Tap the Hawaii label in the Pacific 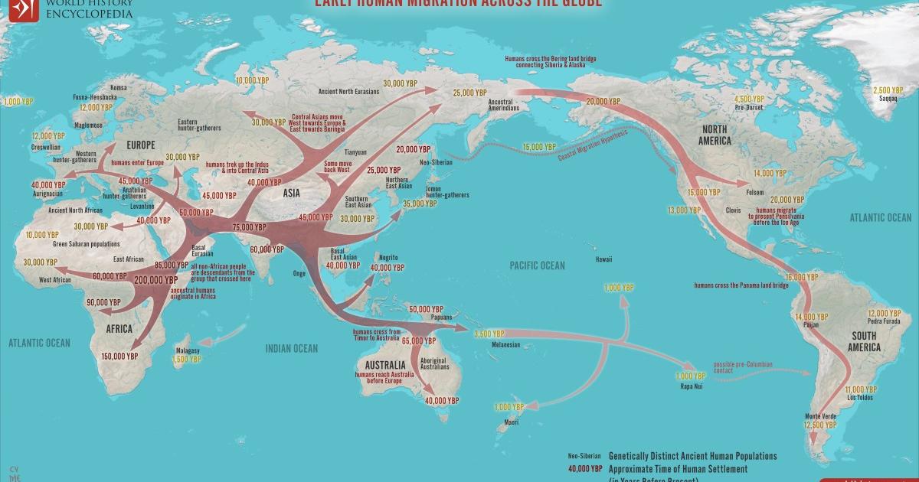(603, 260)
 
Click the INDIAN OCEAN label (291, 349)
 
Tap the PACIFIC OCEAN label (537, 265)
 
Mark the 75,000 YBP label (249, 227)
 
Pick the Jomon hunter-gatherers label (444, 192)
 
